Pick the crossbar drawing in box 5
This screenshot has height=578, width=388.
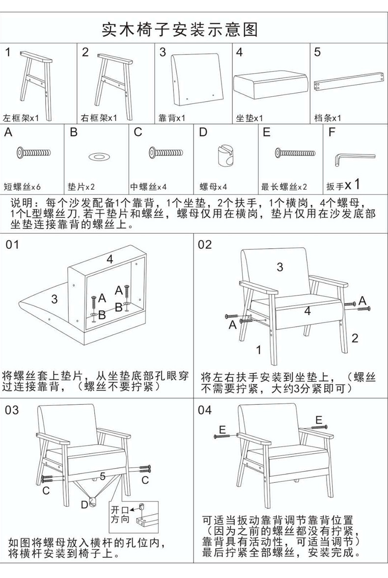[x=349, y=81]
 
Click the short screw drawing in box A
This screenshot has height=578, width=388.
[x=33, y=152]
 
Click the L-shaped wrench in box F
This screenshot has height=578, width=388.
[x=353, y=158]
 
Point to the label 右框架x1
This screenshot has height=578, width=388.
[x=99, y=118]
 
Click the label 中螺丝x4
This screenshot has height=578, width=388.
[x=148, y=187]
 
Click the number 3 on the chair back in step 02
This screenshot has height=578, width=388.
[x=279, y=267]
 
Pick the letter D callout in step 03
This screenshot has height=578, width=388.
[x=84, y=504]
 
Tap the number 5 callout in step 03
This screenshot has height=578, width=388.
[x=103, y=476]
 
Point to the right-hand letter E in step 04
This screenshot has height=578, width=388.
[x=319, y=420]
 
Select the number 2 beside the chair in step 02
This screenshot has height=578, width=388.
[x=355, y=338]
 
